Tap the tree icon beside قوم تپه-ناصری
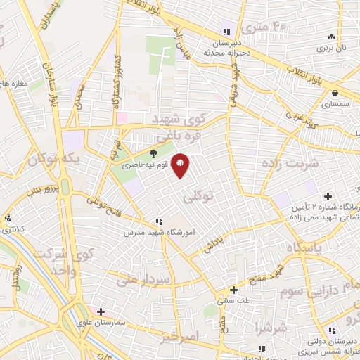tap(154, 152)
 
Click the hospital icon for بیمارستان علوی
tap(101, 311)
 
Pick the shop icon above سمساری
tap(335, 93)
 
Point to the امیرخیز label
tap(185, 339)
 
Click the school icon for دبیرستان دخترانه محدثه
tap(226, 32)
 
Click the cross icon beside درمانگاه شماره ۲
tap(328, 195)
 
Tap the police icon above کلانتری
tap(7, 218)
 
